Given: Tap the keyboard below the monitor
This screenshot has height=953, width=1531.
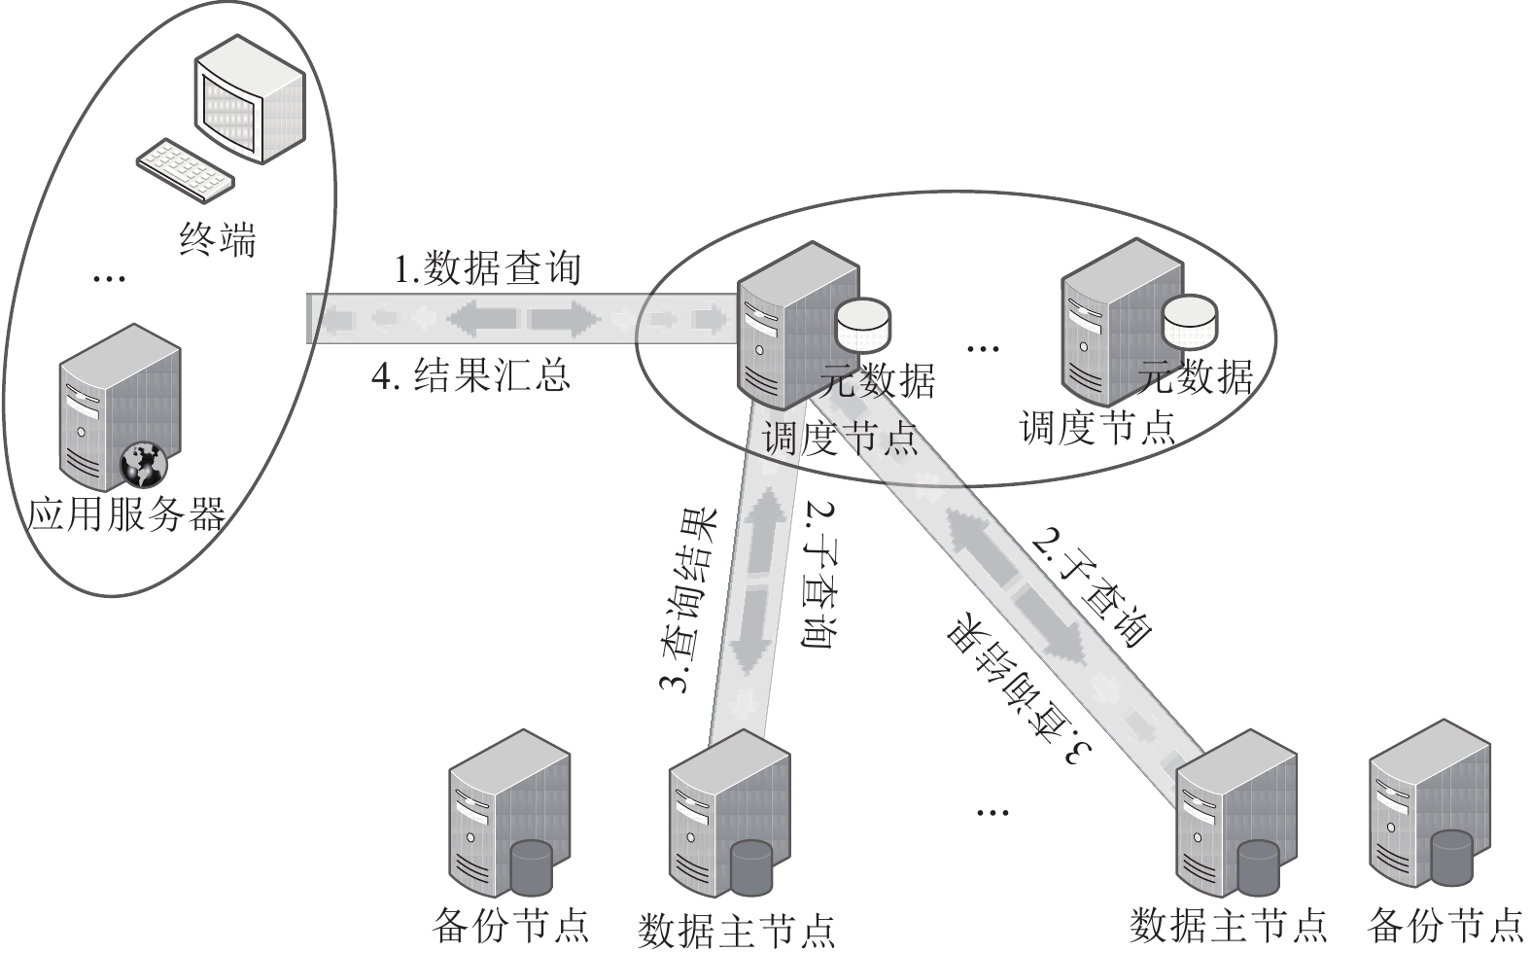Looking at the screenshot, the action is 186,170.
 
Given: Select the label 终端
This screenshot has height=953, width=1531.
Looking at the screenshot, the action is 218,239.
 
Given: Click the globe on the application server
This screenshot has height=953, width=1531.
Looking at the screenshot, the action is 144,466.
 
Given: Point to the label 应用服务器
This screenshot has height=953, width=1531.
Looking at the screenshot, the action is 126,513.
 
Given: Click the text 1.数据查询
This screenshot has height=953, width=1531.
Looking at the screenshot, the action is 487,268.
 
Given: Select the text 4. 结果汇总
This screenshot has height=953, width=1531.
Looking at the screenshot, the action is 470,375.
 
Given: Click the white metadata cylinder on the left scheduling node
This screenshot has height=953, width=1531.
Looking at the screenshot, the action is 864,324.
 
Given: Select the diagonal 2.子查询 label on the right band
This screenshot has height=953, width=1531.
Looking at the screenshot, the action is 1092,589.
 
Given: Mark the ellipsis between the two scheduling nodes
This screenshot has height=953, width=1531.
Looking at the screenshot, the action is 984,349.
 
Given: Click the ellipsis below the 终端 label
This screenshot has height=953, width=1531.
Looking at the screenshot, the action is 109,278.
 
